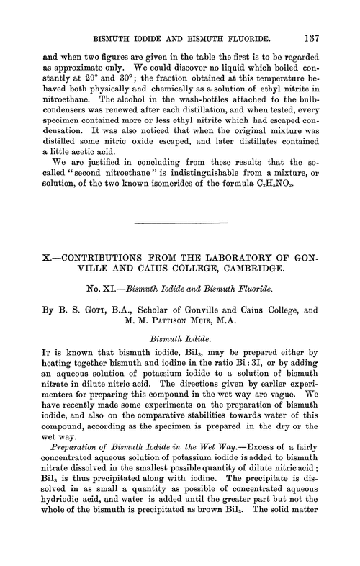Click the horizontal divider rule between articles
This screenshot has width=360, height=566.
(180, 221)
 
